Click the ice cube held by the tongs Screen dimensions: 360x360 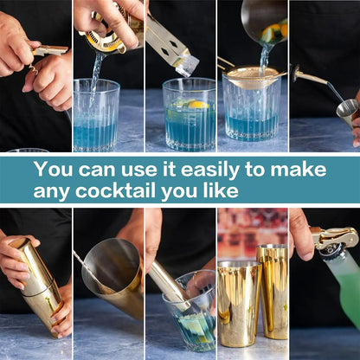pos(187,64)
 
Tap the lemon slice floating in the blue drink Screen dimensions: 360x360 pos(196,105)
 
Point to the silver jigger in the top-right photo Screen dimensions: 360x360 pos(346,109)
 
